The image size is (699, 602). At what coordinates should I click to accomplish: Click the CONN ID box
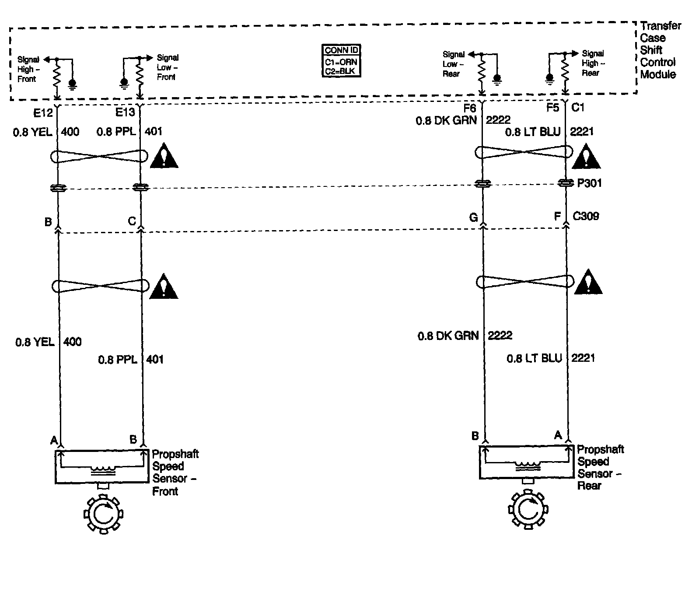pos(341,61)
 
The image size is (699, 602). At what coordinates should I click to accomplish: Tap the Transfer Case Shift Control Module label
pos(659,50)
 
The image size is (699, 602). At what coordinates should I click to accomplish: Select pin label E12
pos(43,113)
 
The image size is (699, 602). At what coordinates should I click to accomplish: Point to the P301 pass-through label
pos(589,183)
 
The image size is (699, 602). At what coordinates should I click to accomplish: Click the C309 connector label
pos(586,216)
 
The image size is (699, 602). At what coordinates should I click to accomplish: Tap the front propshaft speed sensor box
pos(101,467)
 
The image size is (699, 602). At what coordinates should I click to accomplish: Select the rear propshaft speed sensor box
pos(526,462)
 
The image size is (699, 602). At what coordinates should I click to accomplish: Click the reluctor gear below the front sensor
pos(103,514)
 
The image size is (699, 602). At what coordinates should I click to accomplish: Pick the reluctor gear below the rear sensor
pos(528,510)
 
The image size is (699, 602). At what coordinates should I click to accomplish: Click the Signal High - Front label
pos(28,69)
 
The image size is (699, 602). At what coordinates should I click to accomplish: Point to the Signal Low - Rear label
pos(453,64)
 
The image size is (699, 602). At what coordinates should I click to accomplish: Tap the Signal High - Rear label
pos(593,63)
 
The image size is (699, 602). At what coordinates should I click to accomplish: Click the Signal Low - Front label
pos(168,67)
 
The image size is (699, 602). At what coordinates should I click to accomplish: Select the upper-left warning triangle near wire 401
pos(164,157)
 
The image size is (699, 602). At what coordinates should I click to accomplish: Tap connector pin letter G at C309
pos(473,217)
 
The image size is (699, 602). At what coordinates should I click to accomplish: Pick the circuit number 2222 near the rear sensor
pos(500,336)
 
